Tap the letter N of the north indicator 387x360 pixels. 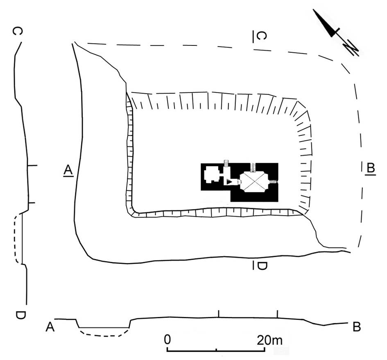pos(351,48)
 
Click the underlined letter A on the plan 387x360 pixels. pos(68,170)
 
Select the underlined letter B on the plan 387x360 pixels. pos(370,168)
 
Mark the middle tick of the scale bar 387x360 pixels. pos(216,349)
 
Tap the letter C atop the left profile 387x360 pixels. pos(17,32)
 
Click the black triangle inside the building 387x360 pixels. pos(230,181)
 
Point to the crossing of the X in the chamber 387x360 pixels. pos(254,181)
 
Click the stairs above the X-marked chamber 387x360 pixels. pos(253,166)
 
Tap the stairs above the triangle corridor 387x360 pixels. pos(226,163)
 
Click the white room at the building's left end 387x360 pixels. pos(212,175)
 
